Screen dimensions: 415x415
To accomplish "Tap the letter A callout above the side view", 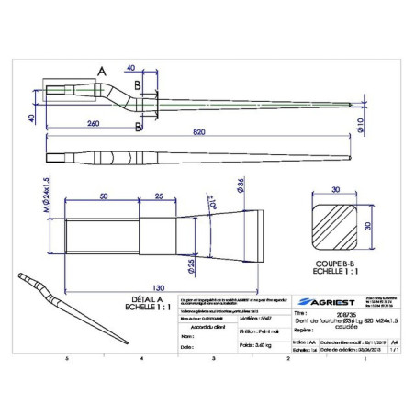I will (x=101, y=70).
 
